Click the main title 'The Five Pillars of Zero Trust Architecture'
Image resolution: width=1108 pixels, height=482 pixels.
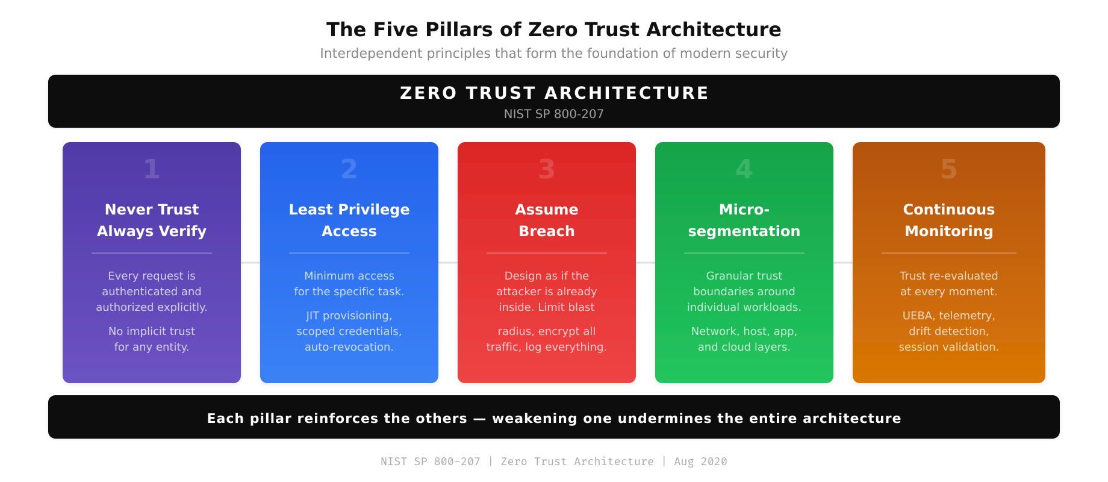click(x=553, y=30)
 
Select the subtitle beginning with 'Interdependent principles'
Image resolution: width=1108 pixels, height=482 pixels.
click(x=553, y=54)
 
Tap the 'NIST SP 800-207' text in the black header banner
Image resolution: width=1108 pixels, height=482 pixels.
click(x=553, y=114)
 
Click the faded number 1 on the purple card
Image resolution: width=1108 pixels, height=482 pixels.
click(x=152, y=169)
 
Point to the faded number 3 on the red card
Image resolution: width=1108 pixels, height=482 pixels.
click(x=546, y=169)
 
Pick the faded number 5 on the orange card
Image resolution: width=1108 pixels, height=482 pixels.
click(x=948, y=169)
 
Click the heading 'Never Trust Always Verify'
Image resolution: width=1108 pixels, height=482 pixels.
click(x=152, y=221)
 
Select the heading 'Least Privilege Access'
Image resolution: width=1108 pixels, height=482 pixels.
click(x=349, y=221)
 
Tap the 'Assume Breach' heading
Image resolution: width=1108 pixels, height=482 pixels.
click(x=546, y=221)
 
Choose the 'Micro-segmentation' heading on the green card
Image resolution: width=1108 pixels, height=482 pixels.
click(x=744, y=221)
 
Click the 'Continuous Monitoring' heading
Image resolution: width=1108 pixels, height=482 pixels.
click(x=948, y=221)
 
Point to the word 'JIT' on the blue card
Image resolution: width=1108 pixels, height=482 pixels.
click(x=313, y=316)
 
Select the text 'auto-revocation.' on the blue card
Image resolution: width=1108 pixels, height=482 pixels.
click(x=349, y=347)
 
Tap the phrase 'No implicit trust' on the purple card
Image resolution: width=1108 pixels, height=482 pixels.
click(x=152, y=331)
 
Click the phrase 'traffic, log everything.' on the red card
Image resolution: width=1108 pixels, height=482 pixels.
click(x=546, y=347)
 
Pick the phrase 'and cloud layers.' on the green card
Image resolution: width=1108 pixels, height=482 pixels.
click(x=744, y=347)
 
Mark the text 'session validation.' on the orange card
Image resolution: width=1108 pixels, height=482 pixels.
click(x=948, y=347)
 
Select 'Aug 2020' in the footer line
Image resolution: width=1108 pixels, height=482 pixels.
click(x=700, y=462)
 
